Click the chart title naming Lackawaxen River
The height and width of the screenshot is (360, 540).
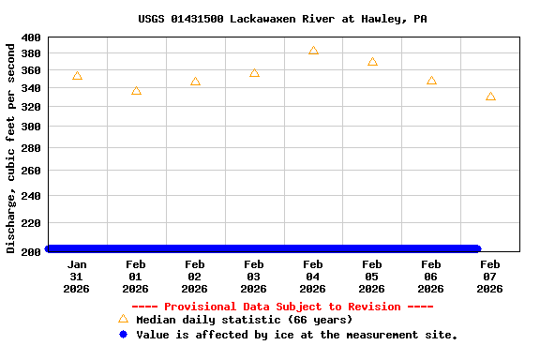[282, 19]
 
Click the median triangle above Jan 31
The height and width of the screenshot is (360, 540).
[77, 76]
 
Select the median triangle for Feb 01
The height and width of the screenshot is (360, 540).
[136, 91]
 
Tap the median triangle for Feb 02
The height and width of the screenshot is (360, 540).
[195, 82]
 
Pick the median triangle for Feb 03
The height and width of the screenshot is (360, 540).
[254, 73]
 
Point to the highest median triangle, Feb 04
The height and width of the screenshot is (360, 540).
[313, 51]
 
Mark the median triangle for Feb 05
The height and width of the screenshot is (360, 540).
[372, 62]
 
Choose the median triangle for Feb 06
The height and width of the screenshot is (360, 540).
[431, 81]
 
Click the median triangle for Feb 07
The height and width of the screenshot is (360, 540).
[490, 97]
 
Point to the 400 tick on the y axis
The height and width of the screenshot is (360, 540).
[30, 37]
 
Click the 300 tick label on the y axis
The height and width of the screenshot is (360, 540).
[30, 126]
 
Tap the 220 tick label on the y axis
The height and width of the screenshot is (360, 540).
[30, 223]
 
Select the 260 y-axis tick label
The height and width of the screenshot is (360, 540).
[30, 171]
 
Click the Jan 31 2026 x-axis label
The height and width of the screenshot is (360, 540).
[77, 277]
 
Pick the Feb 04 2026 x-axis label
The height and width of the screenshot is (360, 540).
[313, 277]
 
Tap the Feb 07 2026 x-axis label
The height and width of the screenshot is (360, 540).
[490, 277]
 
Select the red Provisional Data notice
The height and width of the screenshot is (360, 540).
[282, 307]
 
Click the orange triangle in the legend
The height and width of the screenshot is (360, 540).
[123, 319]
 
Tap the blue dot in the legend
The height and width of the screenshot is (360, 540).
[123, 334]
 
